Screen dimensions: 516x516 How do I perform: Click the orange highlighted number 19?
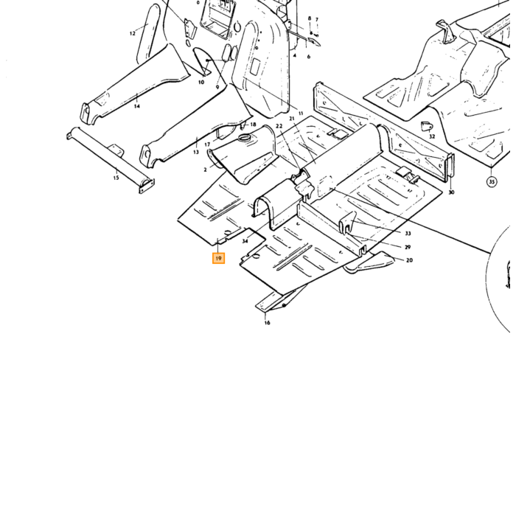[x=218, y=258]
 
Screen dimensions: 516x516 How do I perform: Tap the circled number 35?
[x=492, y=181]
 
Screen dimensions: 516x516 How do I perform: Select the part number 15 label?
[x=116, y=178]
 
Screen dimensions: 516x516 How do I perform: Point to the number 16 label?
[x=267, y=323]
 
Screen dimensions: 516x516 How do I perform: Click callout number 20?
[x=409, y=260]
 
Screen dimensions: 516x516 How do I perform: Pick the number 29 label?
[x=408, y=247]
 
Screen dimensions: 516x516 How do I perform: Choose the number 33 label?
[x=408, y=234]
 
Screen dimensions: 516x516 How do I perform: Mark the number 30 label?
[x=451, y=192]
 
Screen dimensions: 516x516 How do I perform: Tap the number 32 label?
[x=432, y=136]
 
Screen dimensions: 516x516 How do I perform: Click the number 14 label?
[x=137, y=106]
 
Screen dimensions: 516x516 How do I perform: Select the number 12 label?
[x=132, y=33]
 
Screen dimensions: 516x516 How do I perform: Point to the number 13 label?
[x=196, y=152]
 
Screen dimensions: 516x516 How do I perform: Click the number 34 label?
[x=245, y=241]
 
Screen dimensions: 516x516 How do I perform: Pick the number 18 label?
[x=253, y=125]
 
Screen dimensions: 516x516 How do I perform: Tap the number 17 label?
[x=207, y=144]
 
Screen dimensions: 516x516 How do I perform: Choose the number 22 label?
[x=279, y=126]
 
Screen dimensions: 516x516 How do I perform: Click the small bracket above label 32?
[x=427, y=126]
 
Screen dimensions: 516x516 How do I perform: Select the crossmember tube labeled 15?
[x=111, y=160]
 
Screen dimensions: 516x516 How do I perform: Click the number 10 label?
[x=201, y=83]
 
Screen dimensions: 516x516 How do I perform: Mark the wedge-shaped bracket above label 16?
[x=278, y=300]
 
